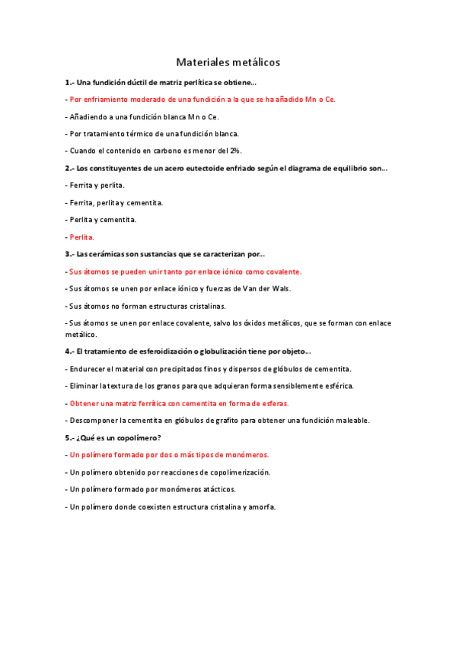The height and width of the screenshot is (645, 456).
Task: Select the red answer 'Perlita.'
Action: (x=81, y=237)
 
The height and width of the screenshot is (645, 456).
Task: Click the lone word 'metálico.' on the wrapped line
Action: (x=81, y=334)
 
